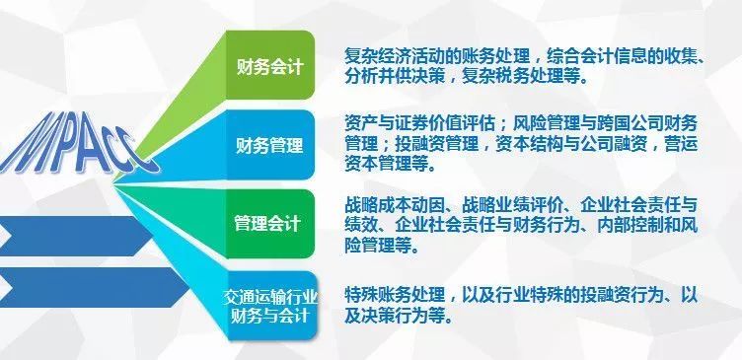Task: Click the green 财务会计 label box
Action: point(269,68)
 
